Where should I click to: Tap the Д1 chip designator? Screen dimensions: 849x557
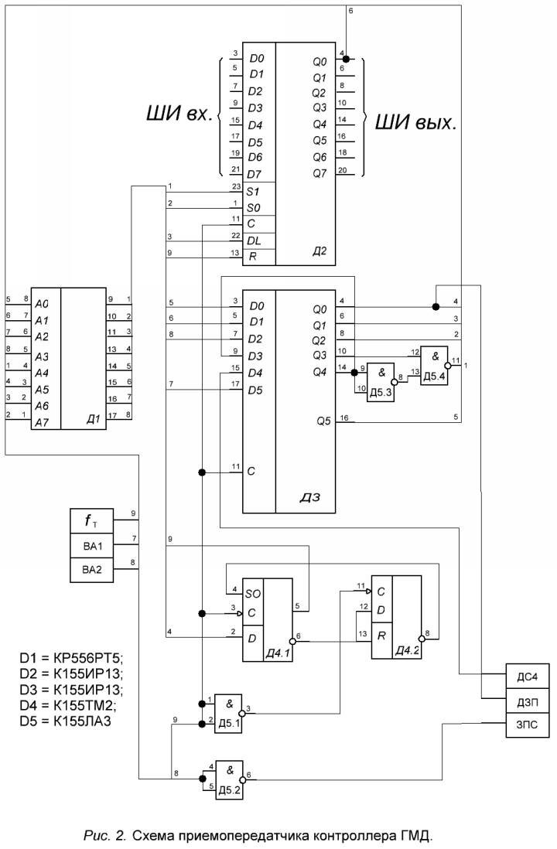click(94, 420)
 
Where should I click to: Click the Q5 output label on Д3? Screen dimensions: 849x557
click(323, 421)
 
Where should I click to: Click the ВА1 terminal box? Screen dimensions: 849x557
click(92, 544)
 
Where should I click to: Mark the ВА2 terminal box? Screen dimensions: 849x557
click(92, 570)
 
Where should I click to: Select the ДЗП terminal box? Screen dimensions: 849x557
click(527, 701)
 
